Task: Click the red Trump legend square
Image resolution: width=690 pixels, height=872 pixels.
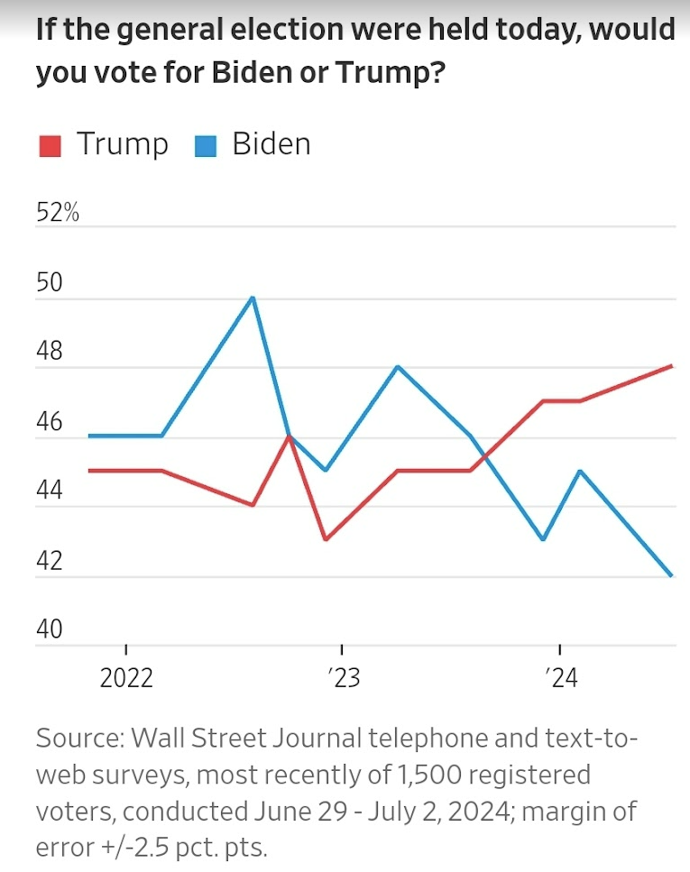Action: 50,146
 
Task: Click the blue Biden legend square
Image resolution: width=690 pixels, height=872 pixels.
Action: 206,146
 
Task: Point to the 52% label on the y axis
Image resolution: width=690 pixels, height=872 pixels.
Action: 58,214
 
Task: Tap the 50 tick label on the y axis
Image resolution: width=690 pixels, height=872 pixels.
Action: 50,283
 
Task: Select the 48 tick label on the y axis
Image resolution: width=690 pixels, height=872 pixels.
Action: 50,353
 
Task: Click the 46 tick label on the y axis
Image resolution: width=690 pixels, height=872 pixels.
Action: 50,422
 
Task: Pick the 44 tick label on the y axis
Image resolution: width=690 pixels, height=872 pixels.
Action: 50,491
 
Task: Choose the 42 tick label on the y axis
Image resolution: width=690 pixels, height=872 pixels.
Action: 50,561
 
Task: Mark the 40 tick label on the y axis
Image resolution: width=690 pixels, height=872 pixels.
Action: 50,629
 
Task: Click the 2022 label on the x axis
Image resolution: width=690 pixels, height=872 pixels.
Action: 126,678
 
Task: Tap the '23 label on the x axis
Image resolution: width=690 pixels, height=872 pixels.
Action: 343,678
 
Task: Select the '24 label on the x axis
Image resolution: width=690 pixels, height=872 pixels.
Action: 560,678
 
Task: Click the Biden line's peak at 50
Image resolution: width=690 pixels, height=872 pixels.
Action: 253,298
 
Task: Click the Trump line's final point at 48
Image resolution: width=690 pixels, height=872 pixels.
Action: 672,366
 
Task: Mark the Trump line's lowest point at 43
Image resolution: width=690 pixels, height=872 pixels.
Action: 325,539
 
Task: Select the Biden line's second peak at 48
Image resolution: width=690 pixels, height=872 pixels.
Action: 398,367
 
